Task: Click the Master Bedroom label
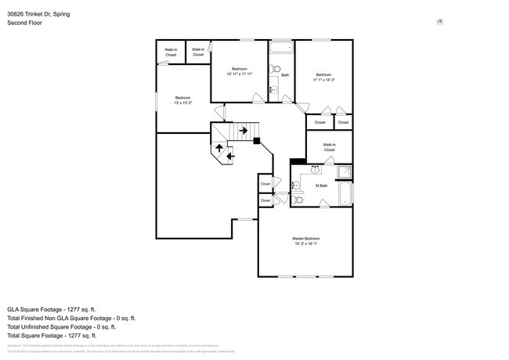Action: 305,238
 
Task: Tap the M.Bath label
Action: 321,185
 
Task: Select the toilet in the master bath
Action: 297,200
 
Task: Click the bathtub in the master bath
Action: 345,193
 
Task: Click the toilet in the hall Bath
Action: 274,70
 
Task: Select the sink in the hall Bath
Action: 273,89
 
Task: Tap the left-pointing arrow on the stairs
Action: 229,156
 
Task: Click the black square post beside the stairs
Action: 256,141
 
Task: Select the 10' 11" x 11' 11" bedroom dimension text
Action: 240,74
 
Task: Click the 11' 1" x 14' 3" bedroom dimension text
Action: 323,79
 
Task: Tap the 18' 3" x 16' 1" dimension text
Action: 305,243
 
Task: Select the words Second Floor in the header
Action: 24,23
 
